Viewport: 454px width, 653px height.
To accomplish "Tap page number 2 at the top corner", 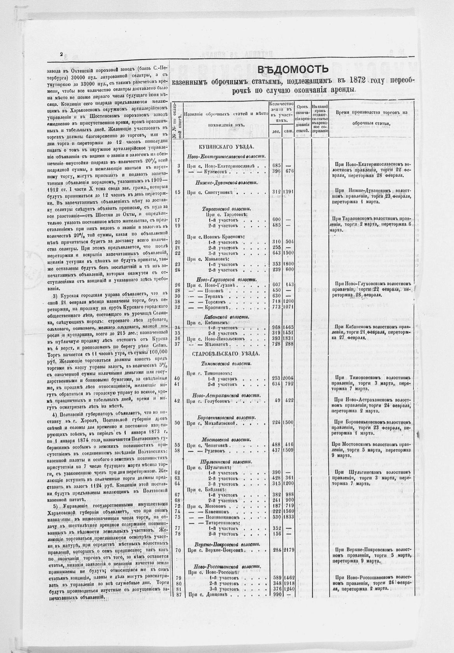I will click(61, 55).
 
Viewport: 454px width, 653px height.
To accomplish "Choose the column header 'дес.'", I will click(276, 131).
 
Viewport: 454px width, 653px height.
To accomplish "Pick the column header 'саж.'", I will click(289, 131).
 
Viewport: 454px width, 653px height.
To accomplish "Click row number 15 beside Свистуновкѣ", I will click(178, 192).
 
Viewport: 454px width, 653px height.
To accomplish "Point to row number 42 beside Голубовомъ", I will click(178, 400).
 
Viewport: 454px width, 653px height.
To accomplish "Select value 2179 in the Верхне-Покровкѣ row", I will click(289, 550).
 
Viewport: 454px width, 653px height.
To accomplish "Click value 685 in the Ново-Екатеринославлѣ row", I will click(277, 165).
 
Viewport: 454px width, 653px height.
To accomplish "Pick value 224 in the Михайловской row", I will click(277, 422).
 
